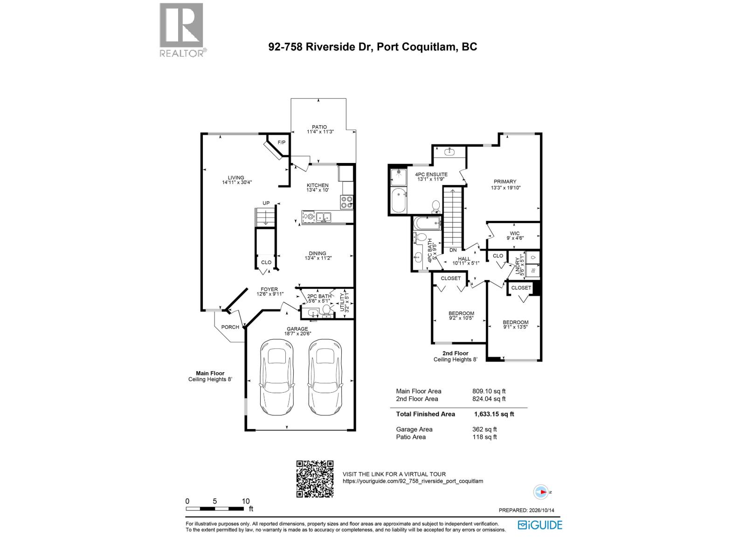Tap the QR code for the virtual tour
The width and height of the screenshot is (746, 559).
point(315,478)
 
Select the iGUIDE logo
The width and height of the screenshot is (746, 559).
point(540,525)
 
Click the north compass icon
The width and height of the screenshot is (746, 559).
point(541,492)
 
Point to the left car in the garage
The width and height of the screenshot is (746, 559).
point(276,377)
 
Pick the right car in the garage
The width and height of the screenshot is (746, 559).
point(325,377)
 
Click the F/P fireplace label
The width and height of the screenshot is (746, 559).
point(282,143)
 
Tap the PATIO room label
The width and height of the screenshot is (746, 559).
point(319,127)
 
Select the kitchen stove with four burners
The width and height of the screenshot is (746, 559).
point(347,202)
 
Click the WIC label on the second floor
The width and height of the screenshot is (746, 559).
point(515,233)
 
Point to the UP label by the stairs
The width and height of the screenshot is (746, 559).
point(266,203)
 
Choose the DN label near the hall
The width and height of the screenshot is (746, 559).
point(453,250)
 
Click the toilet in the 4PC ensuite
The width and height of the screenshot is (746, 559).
point(435,206)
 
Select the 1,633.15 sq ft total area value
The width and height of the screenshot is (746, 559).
point(494,414)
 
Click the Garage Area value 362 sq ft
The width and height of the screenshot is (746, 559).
point(484,429)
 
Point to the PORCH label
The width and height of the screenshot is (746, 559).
point(230,327)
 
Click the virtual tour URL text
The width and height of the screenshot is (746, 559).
point(413,481)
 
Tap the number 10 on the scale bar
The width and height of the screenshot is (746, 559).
point(246,501)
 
